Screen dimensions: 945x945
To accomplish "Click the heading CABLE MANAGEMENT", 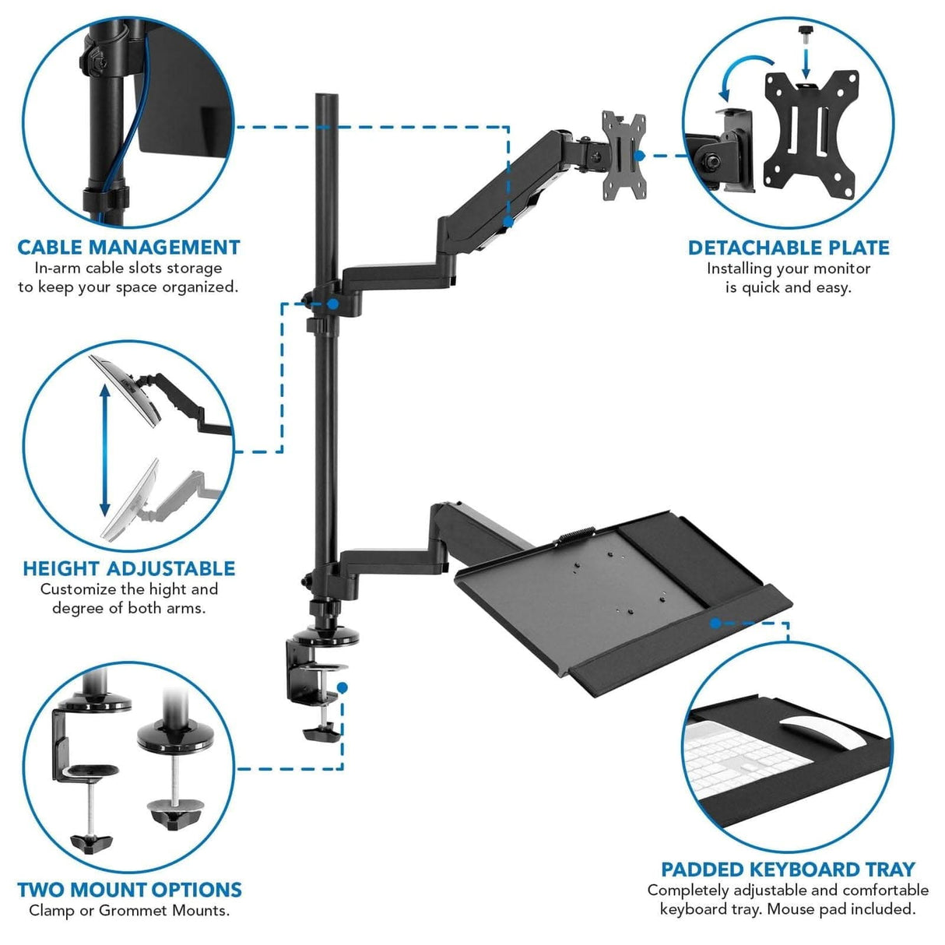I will [128, 248].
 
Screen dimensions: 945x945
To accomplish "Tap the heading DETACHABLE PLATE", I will [788, 248].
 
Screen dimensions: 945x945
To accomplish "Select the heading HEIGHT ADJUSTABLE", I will [128, 569].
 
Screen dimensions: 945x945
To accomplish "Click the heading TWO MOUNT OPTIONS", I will [129, 890].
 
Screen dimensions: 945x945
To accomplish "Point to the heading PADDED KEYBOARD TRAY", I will [788, 869].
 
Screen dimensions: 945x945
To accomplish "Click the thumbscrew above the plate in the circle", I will [805, 32].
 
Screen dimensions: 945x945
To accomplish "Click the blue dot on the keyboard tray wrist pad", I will [715, 622].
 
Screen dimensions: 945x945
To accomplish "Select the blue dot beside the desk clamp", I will [343, 687].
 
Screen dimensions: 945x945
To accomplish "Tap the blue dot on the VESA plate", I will [639, 155].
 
